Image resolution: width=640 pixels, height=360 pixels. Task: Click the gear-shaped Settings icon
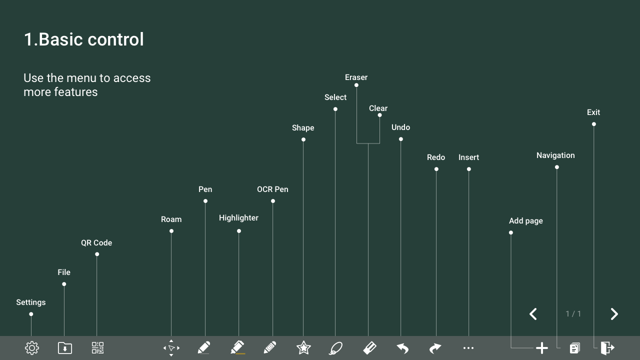pos(32,348)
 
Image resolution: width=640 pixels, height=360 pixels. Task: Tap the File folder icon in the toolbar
pos(65,348)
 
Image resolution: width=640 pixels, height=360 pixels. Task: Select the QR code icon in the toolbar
pos(97,348)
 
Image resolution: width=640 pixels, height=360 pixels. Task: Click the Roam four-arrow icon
pos(171,348)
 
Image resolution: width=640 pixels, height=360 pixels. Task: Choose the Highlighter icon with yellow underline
pos(237,347)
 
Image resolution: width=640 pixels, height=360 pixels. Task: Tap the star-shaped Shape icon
pos(303,348)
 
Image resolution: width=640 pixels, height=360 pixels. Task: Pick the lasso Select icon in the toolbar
pos(336,348)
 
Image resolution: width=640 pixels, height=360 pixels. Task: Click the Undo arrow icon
pos(402,348)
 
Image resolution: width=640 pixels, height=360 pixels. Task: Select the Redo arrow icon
pos(435,348)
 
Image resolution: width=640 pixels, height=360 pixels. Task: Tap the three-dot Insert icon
pos(468,348)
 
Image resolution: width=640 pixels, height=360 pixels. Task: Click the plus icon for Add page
pos(541,348)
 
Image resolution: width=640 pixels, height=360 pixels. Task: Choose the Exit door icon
pos(607,348)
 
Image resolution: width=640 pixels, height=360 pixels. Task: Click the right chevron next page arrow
pos(614,314)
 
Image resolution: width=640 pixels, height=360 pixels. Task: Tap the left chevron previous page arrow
pos(533,314)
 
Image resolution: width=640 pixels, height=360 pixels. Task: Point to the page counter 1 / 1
pos(573,314)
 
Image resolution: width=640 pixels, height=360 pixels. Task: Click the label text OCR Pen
pos(272,189)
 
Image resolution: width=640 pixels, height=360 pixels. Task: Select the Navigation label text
pos(555,155)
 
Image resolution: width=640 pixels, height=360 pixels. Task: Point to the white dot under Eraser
pos(356,85)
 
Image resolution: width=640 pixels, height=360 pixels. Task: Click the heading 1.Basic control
pos(83,39)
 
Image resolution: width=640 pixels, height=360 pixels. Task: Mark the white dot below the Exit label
pos(594,124)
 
